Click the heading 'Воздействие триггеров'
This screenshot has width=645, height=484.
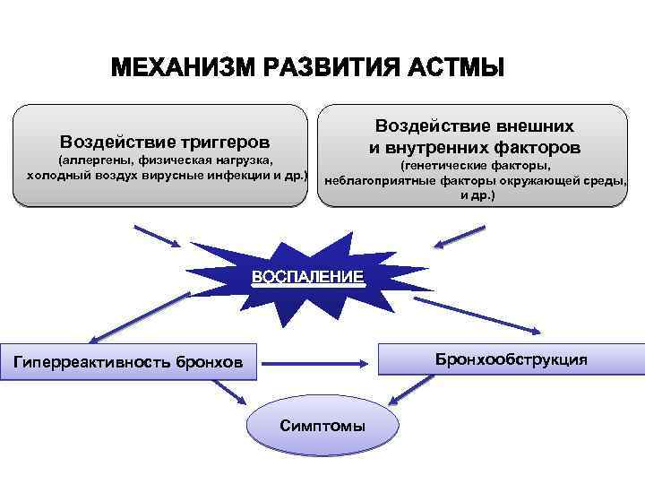[x=165, y=142]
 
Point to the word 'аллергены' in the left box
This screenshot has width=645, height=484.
[x=103, y=160]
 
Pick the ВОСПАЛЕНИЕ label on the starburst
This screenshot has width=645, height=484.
[x=308, y=278]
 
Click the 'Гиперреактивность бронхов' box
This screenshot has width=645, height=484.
[x=128, y=362]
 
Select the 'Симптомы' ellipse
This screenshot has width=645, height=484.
[x=322, y=425]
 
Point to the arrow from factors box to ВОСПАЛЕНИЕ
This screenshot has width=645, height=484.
[x=460, y=238]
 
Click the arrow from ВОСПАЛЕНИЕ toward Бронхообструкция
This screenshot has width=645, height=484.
[x=430, y=309]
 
